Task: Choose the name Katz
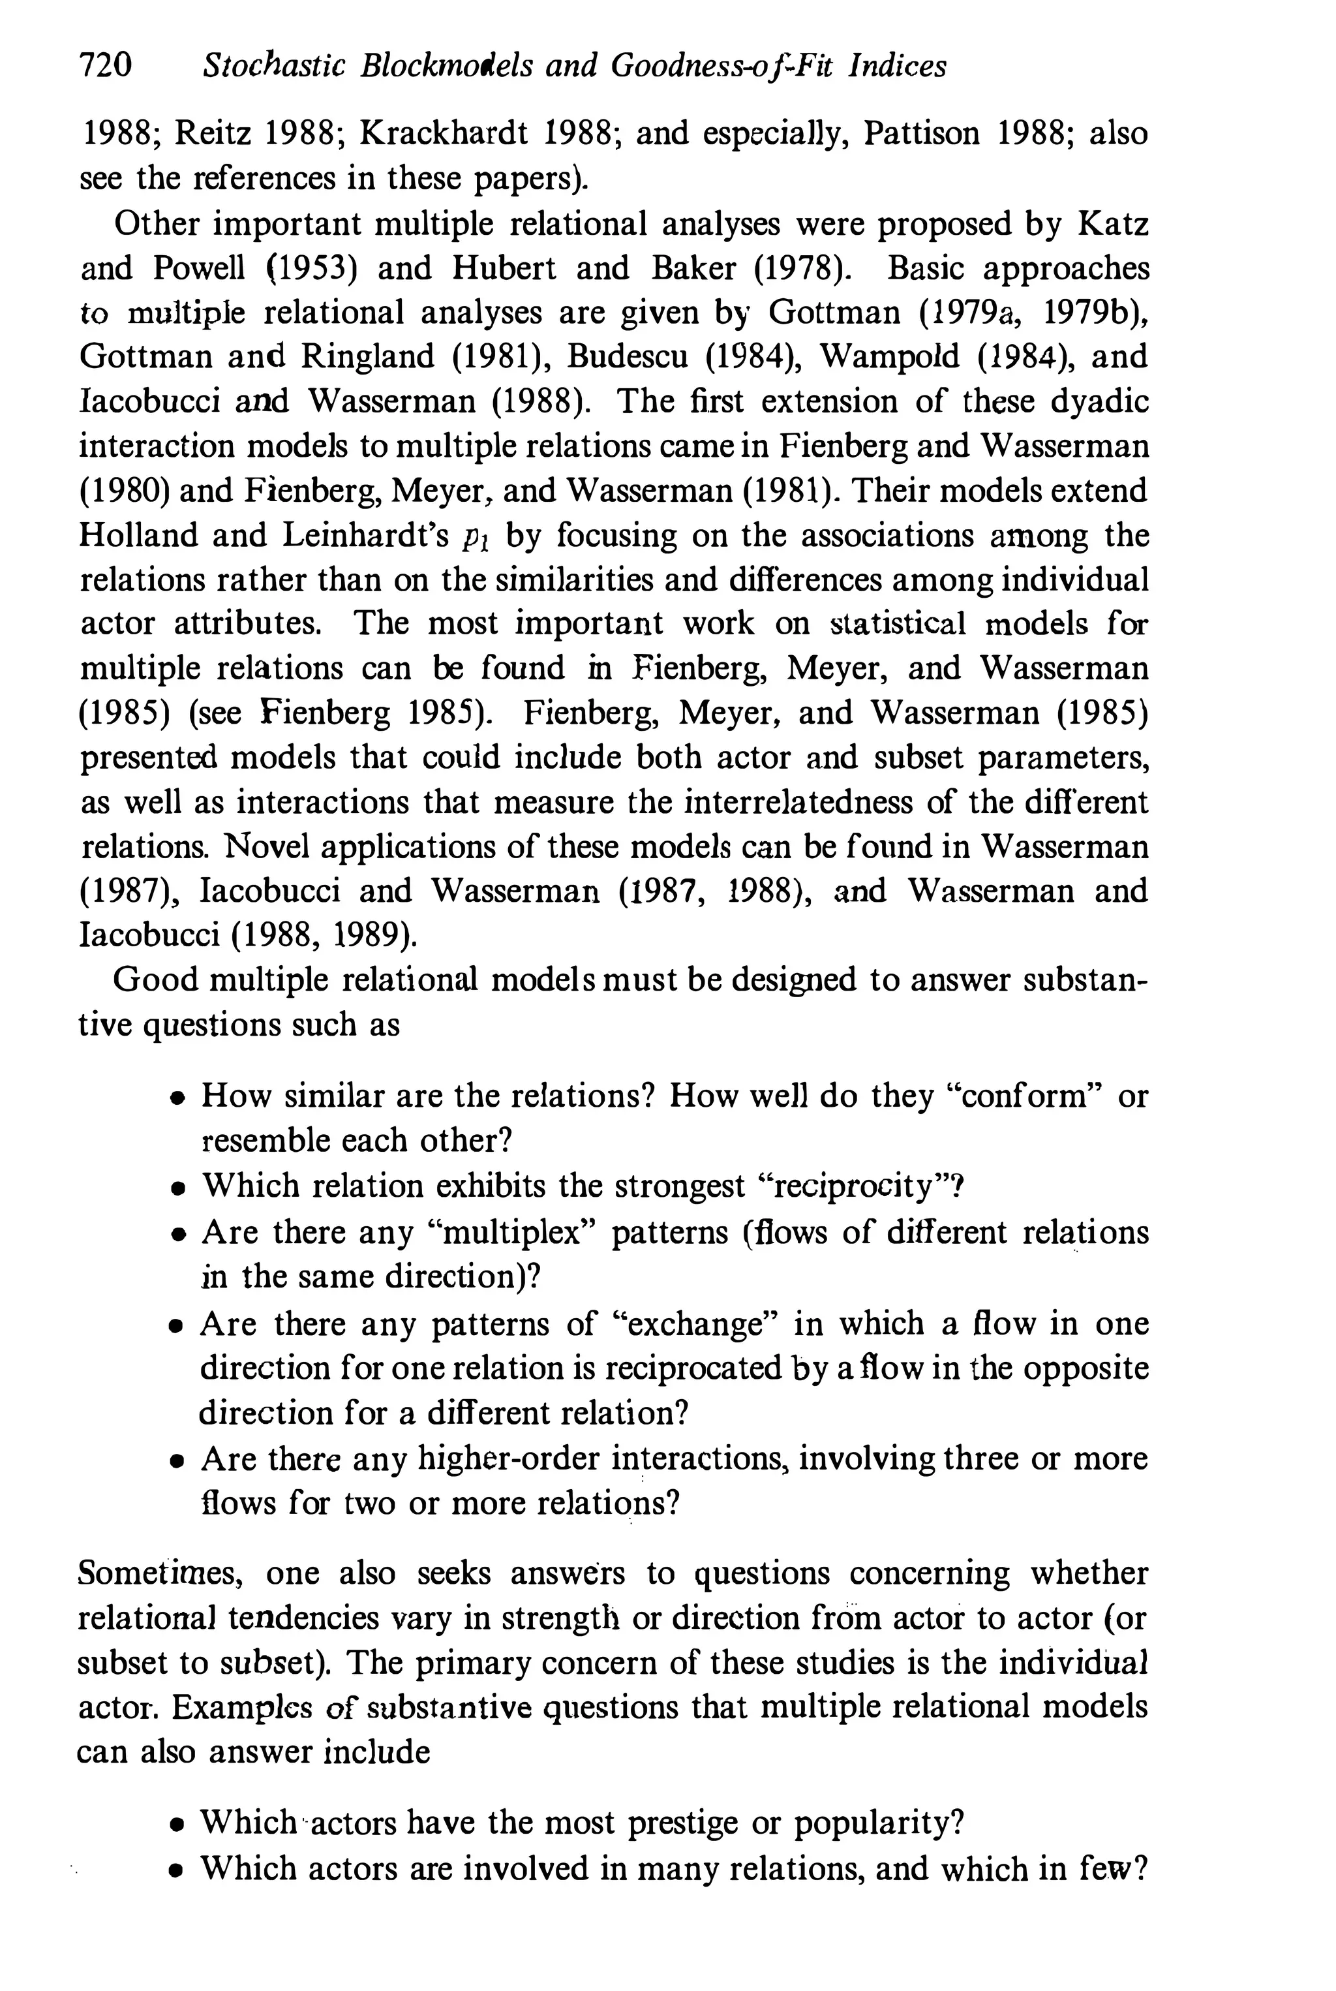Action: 1113,224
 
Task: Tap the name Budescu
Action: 627,356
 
